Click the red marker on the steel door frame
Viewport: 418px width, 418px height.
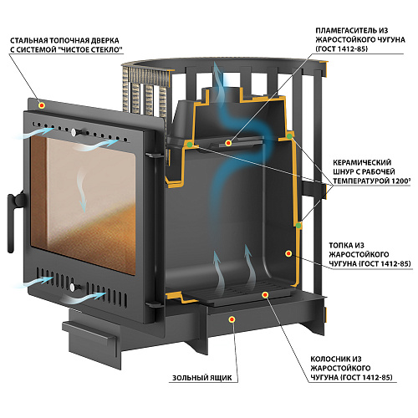pyautogui.click(x=42, y=105)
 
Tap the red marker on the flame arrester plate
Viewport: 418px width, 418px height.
pyautogui.click(x=228, y=143)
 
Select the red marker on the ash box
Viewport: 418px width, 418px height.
pyautogui.click(x=232, y=319)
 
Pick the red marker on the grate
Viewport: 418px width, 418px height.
pyautogui.click(x=265, y=294)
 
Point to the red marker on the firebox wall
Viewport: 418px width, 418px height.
pyautogui.click(x=288, y=253)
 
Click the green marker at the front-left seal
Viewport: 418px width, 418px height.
pyautogui.click(x=190, y=145)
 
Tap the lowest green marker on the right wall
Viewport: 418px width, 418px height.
pyautogui.click(x=298, y=226)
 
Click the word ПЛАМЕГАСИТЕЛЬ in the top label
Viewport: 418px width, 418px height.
pyautogui.click(x=347, y=30)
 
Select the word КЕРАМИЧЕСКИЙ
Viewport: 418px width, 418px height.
pyautogui.click(x=362, y=162)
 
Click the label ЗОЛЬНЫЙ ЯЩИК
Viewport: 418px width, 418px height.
pyautogui.click(x=202, y=378)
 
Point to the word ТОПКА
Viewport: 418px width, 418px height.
pyautogui.click(x=342, y=246)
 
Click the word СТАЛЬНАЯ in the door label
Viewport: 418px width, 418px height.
pyautogui.click(x=28, y=41)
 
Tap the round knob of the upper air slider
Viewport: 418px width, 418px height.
pyautogui.click(x=74, y=131)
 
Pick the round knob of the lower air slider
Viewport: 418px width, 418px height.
pyautogui.click(x=73, y=287)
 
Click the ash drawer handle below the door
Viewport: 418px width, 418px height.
pyautogui.click(x=89, y=333)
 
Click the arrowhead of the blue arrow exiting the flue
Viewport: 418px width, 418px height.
pyautogui.click(x=217, y=68)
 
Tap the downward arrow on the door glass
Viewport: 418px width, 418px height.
pyautogui.click(x=82, y=191)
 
